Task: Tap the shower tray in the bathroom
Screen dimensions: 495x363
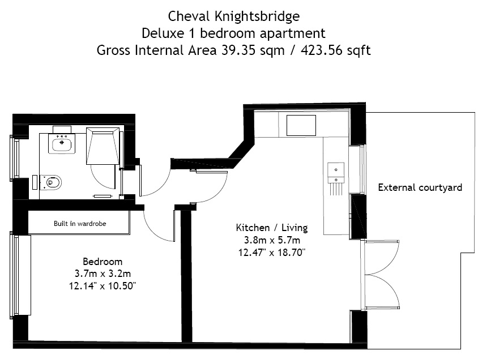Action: coord(103,146)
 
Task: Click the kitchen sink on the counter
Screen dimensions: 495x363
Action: coord(336,174)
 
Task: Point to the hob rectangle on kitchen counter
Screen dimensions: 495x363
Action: coord(301,125)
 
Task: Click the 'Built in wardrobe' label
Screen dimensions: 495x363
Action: coord(80,224)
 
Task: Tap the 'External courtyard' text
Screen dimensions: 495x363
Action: coord(420,187)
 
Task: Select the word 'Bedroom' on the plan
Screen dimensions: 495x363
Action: coord(103,262)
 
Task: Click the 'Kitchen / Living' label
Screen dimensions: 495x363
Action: coord(272,228)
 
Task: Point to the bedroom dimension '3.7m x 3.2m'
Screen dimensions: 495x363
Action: coord(103,274)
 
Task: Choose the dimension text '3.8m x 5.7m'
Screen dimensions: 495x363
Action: coord(272,240)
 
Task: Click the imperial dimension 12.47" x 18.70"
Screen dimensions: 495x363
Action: coord(272,253)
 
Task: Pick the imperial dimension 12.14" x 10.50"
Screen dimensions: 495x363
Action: coord(103,286)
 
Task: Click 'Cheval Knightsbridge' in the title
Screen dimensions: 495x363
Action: coord(234,16)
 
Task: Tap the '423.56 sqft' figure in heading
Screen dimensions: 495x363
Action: coord(336,50)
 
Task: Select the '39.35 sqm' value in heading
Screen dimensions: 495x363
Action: coord(253,50)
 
